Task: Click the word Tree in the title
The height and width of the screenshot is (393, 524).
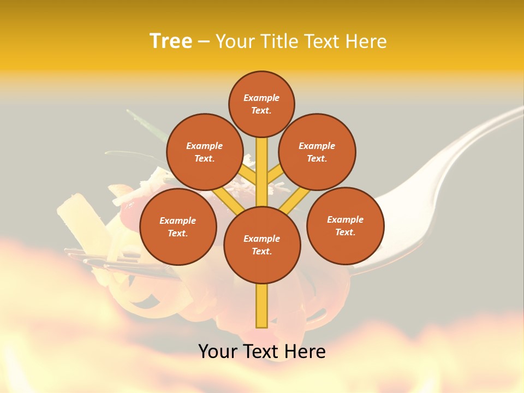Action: tap(170, 41)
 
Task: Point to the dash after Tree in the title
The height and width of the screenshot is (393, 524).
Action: tap(204, 42)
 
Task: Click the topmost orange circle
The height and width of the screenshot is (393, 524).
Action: tap(261, 104)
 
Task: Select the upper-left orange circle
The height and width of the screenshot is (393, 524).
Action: tap(204, 152)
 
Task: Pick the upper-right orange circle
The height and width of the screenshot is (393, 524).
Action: tap(317, 152)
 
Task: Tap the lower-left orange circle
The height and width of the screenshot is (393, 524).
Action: tap(178, 227)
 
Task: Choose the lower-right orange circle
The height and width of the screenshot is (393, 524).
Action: tap(345, 225)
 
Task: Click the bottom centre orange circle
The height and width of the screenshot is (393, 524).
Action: tap(262, 245)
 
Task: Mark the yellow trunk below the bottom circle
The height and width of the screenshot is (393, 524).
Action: tap(262, 306)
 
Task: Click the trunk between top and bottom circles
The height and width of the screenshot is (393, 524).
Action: tap(262, 172)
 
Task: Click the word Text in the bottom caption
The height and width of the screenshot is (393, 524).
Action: tap(262, 351)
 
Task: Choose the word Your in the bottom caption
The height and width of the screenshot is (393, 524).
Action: tap(218, 351)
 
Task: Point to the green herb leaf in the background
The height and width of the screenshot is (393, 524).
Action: tap(147, 124)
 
